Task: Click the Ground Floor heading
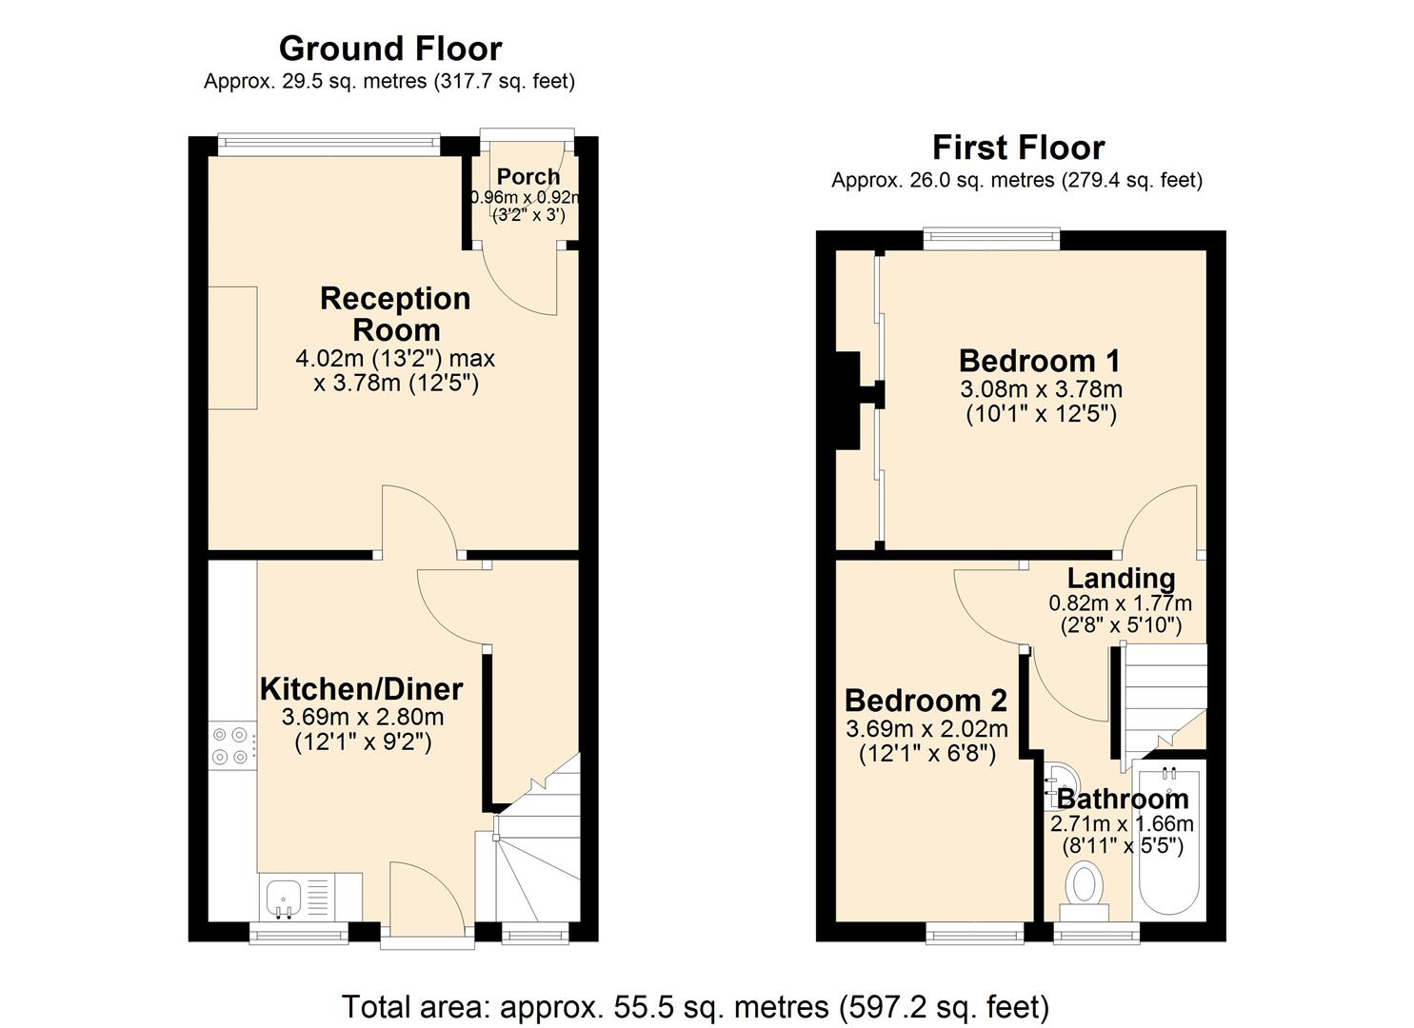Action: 389,48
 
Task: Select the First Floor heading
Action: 1018,148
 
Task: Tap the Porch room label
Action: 528,176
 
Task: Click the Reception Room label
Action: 395,314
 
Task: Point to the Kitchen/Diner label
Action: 362,688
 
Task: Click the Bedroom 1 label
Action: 1039,361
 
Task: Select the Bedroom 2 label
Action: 926,701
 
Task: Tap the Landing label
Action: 1121,578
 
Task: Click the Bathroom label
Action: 1123,798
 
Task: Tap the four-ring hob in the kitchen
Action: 231,745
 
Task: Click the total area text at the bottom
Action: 695,1006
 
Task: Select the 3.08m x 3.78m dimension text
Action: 1041,389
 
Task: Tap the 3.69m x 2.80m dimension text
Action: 363,717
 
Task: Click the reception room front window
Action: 329,145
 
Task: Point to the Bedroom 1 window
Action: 991,239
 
